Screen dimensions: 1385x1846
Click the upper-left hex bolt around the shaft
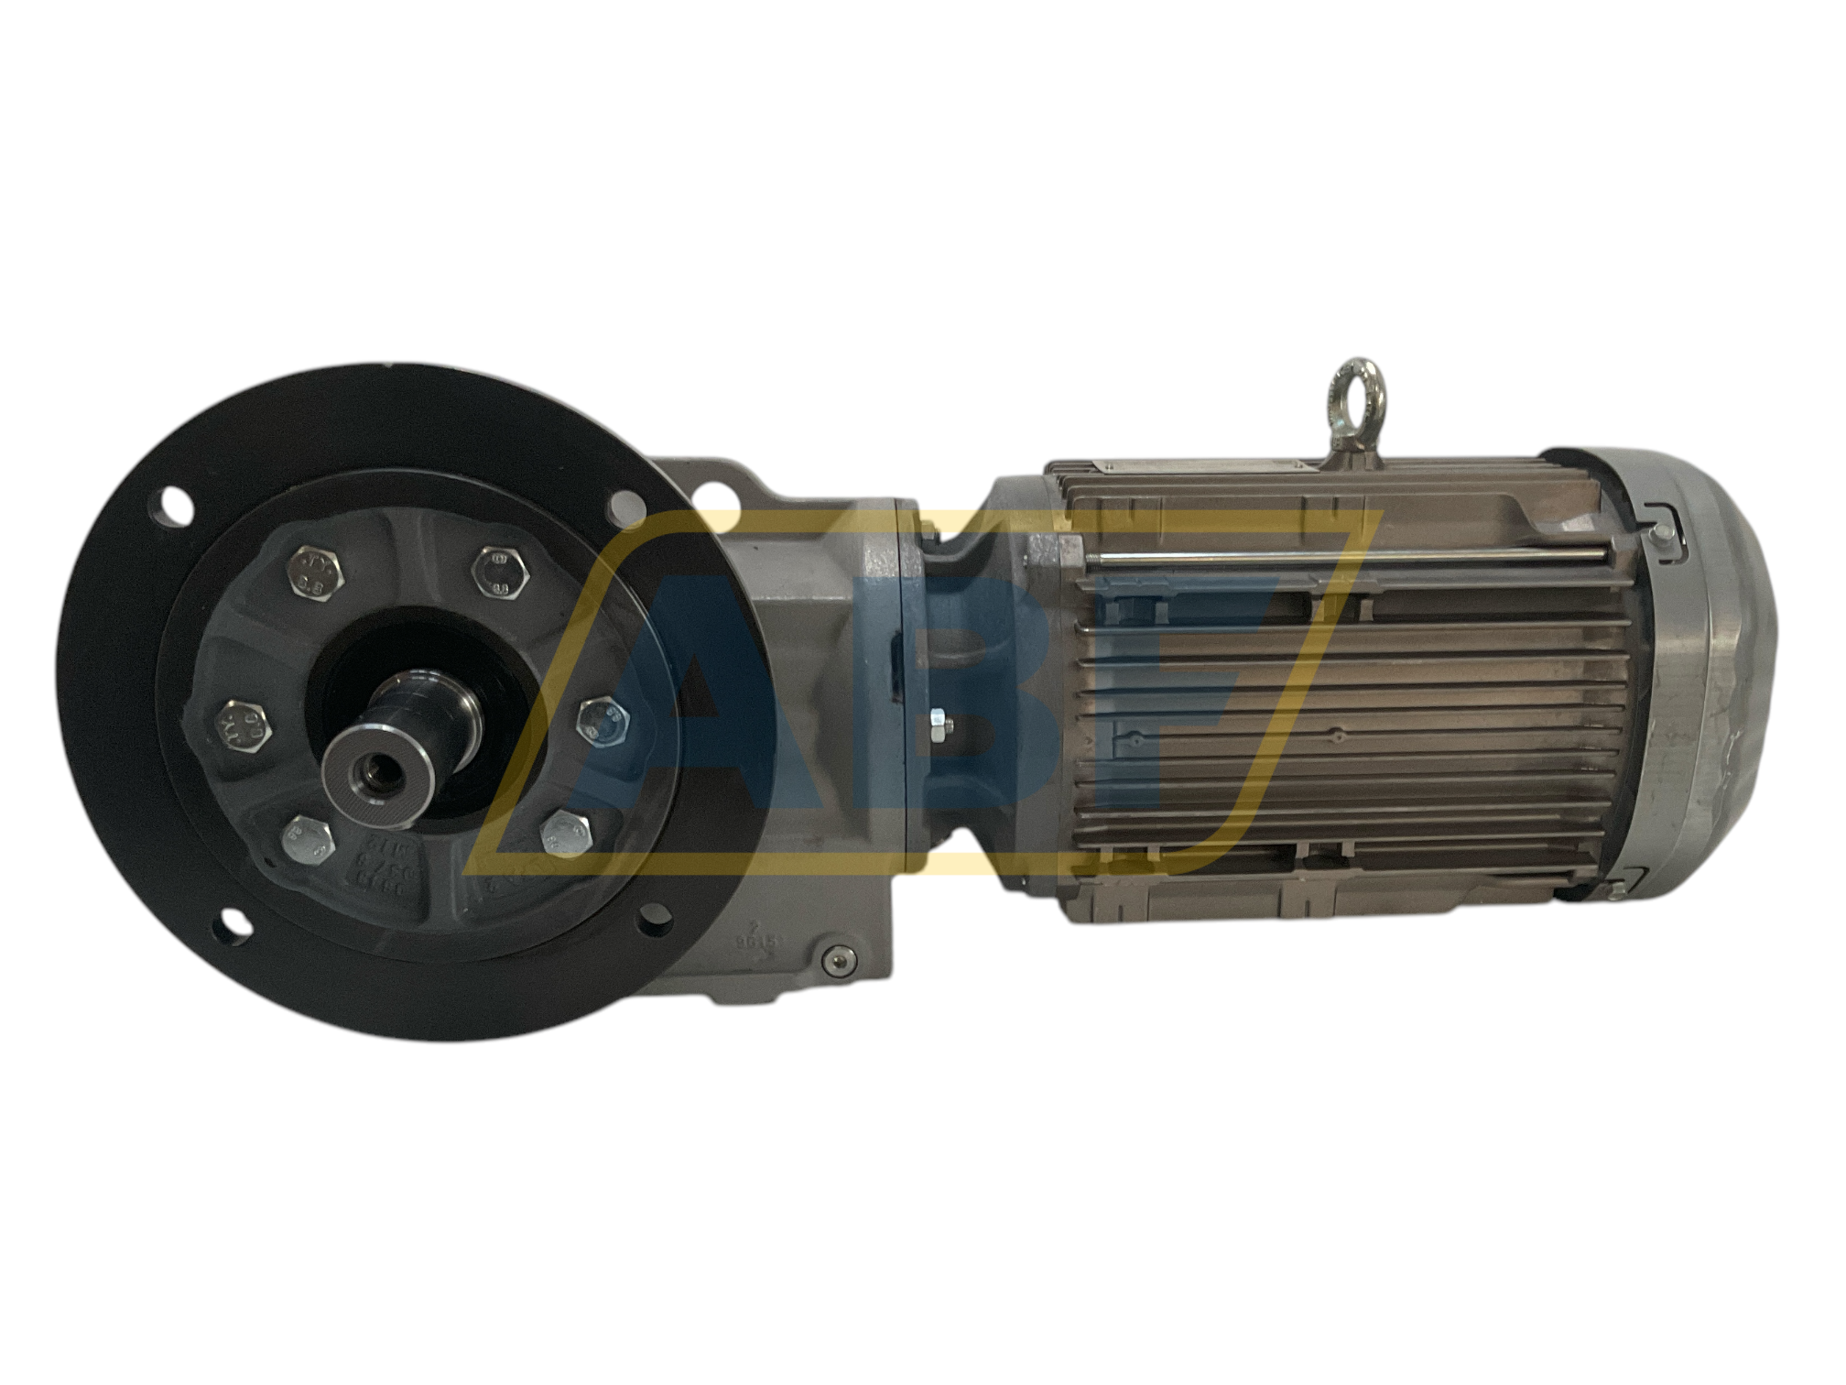[x=318, y=574]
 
